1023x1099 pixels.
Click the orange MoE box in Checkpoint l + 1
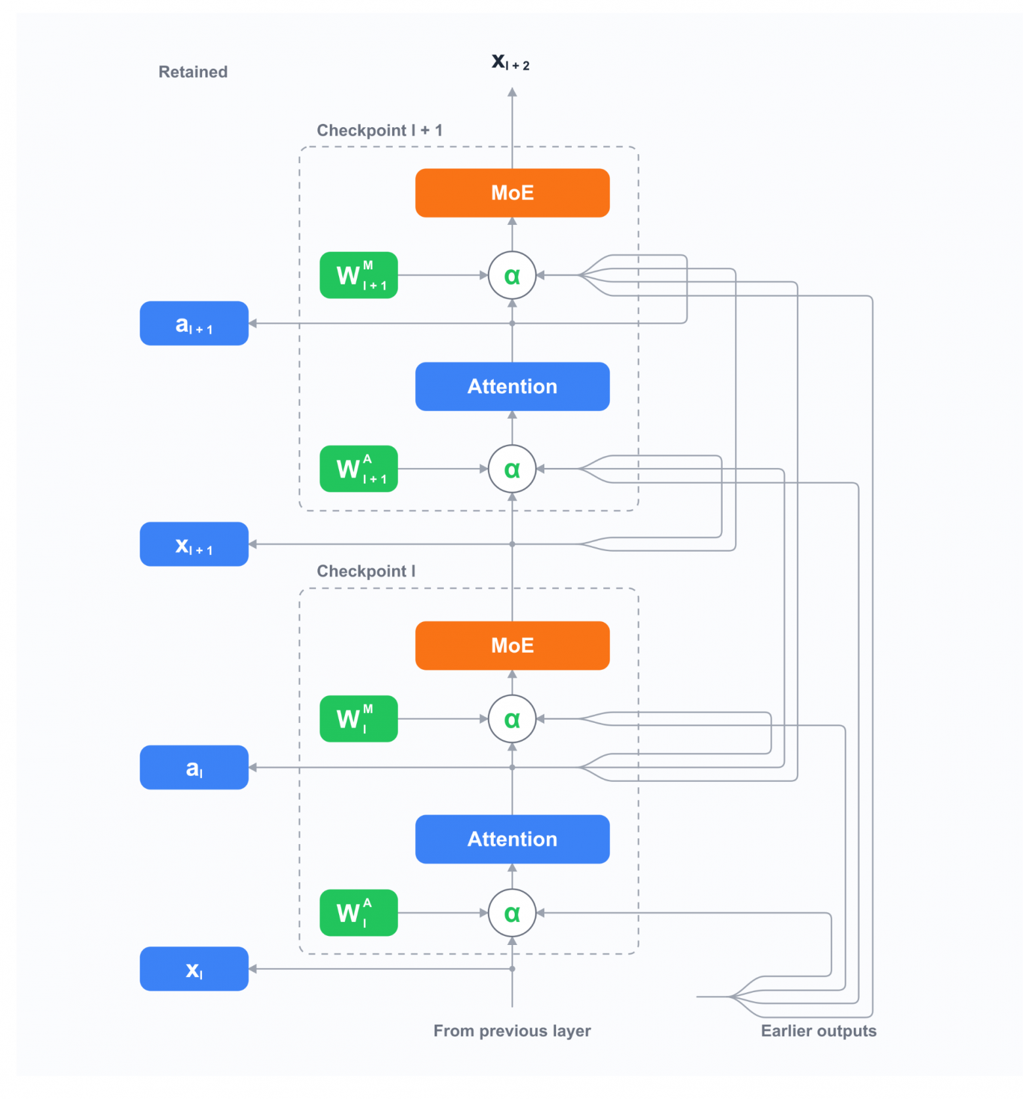[x=512, y=193]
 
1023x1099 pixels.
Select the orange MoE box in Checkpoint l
[x=512, y=646]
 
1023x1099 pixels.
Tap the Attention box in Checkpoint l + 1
[x=512, y=387]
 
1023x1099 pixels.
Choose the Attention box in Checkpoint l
[x=512, y=839]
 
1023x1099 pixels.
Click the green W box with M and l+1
[x=359, y=275]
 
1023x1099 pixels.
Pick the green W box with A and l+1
[x=359, y=469]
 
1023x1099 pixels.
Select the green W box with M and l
[x=359, y=719]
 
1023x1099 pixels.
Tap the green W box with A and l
[x=359, y=913]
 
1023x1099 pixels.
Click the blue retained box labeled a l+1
[x=194, y=324]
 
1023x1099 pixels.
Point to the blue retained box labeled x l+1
[x=194, y=545]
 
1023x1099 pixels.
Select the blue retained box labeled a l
[x=194, y=767]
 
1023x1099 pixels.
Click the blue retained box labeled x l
[x=194, y=969]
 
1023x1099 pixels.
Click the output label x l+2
[x=511, y=62]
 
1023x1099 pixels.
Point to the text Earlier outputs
[x=818, y=1031]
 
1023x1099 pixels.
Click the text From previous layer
[x=512, y=1032]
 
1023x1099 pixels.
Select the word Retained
[x=193, y=72]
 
